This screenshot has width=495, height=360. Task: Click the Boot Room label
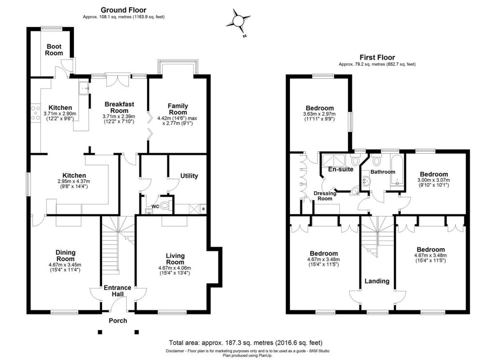(x=54, y=50)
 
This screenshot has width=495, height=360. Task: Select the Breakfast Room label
(x=119, y=107)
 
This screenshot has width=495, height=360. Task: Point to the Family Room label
(x=178, y=109)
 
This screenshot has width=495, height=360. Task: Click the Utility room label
(x=189, y=176)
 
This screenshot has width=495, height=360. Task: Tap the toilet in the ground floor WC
(x=165, y=206)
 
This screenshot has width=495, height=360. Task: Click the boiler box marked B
(x=204, y=209)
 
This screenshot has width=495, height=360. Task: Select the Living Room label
(x=175, y=259)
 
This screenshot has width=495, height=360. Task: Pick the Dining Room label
(x=66, y=256)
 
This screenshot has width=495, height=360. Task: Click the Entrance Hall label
(x=117, y=290)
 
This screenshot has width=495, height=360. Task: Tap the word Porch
(x=118, y=320)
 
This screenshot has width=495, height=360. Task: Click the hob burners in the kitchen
(x=36, y=113)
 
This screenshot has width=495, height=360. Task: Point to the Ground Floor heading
(x=123, y=10)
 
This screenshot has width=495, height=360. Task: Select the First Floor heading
(x=377, y=58)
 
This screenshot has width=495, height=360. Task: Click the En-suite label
(x=341, y=169)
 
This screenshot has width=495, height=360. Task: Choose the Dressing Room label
(x=325, y=196)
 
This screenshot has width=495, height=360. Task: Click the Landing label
(x=377, y=281)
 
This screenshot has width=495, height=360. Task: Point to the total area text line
(x=246, y=343)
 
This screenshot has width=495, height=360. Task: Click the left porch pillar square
(x=100, y=332)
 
